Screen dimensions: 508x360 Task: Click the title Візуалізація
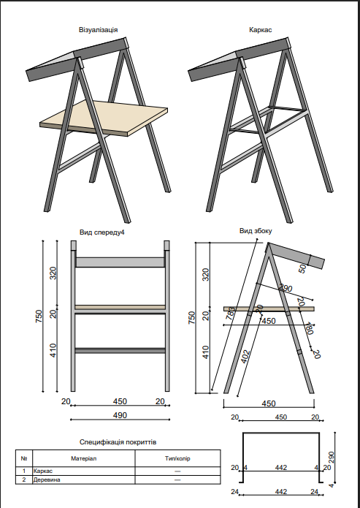coord(98,30)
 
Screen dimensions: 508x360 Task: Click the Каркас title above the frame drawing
coord(261,30)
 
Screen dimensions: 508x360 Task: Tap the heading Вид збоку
coord(256,231)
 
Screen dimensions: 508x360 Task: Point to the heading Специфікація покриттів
coord(118,442)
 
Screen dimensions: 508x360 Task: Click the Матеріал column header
coord(83,458)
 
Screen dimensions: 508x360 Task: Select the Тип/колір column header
coord(177,458)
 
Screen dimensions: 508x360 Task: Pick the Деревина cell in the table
coord(47,480)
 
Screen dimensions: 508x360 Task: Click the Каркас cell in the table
coord(43,472)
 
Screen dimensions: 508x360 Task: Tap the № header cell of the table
coord(24,458)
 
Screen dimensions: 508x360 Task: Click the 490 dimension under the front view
coord(120,415)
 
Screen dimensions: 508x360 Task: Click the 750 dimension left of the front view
coord(39,318)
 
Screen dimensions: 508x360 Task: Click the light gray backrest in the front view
coord(120,262)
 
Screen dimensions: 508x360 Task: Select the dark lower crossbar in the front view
coord(120,349)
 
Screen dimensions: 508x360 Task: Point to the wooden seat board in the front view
coord(120,307)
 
